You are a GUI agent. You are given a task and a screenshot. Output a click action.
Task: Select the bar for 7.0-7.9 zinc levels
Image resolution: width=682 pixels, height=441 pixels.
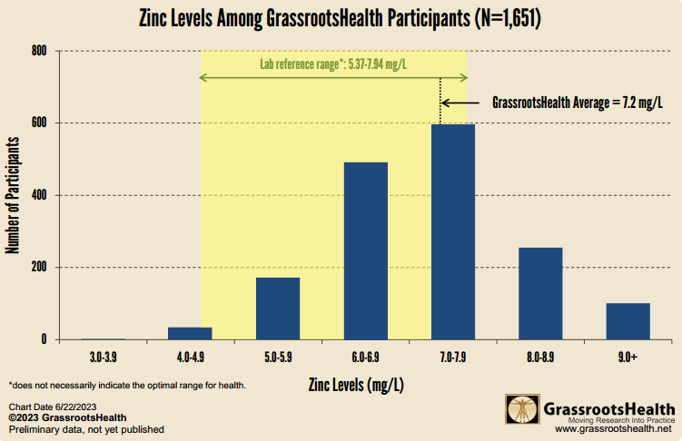(x=452, y=231)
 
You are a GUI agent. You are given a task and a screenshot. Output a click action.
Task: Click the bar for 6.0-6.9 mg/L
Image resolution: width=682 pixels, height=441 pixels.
(x=365, y=250)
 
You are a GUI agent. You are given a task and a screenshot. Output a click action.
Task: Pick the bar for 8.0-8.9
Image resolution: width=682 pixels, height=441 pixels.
(x=540, y=293)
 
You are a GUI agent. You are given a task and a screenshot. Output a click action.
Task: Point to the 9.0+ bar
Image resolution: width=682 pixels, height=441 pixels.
(x=628, y=321)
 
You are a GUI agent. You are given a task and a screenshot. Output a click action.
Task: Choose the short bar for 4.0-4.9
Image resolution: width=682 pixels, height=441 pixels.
(x=190, y=333)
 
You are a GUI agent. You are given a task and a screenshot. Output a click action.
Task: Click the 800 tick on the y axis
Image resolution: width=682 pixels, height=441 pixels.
(x=38, y=51)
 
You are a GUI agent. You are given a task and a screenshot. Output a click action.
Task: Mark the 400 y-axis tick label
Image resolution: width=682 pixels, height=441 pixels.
(x=38, y=195)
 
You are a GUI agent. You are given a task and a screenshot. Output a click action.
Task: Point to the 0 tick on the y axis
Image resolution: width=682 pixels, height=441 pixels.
(x=44, y=339)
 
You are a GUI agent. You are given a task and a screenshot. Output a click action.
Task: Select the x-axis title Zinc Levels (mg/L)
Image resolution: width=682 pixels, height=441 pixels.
(x=357, y=384)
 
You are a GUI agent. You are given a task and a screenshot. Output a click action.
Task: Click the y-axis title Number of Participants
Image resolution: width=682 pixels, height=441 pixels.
(x=14, y=194)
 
